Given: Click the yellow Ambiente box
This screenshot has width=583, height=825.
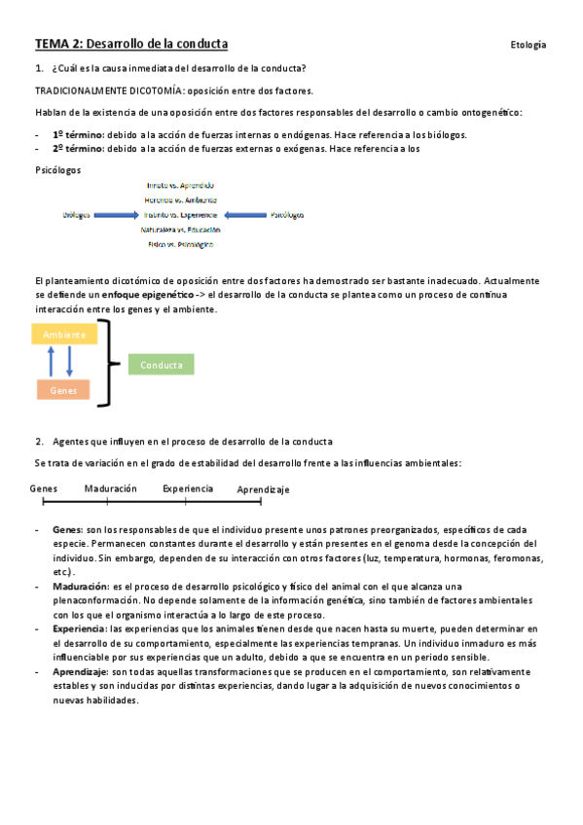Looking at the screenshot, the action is click(x=64, y=335).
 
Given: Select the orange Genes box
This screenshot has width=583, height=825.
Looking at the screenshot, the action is click(x=63, y=389).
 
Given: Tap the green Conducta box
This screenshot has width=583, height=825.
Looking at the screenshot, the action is click(x=161, y=365).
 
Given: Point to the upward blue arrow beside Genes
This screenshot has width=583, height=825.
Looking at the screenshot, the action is click(x=52, y=362).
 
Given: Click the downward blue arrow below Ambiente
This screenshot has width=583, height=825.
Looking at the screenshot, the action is click(x=70, y=362).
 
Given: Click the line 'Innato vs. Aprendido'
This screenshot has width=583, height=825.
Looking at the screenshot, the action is click(x=180, y=185).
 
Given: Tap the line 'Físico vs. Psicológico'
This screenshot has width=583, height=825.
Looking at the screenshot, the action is click(x=180, y=244).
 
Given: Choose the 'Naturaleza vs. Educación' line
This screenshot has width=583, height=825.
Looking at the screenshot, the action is click(x=180, y=230).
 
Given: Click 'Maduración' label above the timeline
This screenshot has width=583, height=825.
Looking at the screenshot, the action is click(x=110, y=488).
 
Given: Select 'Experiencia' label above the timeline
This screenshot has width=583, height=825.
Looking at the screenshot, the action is click(x=188, y=488).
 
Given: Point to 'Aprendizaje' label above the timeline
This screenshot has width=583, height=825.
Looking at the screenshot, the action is click(x=263, y=489).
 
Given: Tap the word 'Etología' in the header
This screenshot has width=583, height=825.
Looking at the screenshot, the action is click(x=528, y=45).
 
